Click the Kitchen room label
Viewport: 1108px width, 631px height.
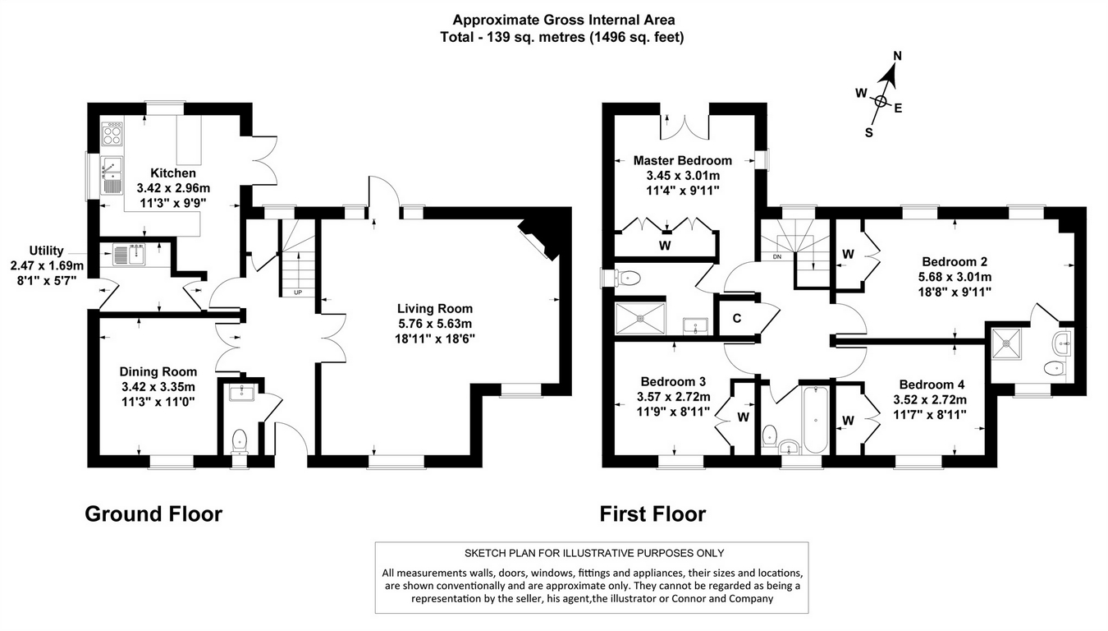[172, 173]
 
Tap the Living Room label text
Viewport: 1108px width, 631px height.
[435, 309]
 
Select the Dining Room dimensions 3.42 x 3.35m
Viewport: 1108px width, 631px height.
[157, 387]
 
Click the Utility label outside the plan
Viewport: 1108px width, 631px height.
[47, 251]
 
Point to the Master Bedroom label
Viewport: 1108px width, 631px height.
[682, 160]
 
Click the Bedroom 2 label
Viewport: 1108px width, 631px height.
[959, 262]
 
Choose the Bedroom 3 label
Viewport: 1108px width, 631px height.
[673, 381]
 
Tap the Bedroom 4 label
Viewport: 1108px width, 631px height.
[932, 385]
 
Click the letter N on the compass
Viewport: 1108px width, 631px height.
[897, 56]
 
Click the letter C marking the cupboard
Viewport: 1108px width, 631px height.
[736, 319]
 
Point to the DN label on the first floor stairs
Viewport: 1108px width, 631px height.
[776, 256]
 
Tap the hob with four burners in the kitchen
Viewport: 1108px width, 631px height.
[111, 133]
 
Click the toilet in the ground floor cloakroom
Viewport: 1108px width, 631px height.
[240, 440]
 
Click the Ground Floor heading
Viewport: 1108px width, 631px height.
[153, 514]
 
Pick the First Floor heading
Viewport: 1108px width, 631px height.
[652, 514]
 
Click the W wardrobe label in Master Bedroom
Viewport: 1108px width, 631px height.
[664, 245]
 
